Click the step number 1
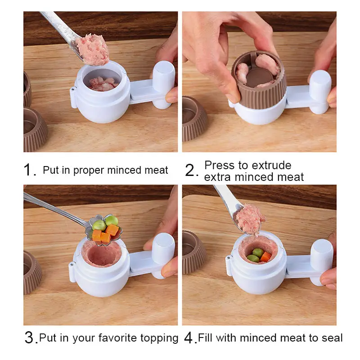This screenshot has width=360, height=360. (x=29, y=170)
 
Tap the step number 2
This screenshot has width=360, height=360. (x=191, y=171)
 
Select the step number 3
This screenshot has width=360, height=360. (x=30, y=338)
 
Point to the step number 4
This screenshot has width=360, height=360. (x=189, y=338)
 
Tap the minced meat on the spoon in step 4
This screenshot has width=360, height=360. (x=251, y=219)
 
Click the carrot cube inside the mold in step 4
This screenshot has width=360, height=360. (x=265, y=256)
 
